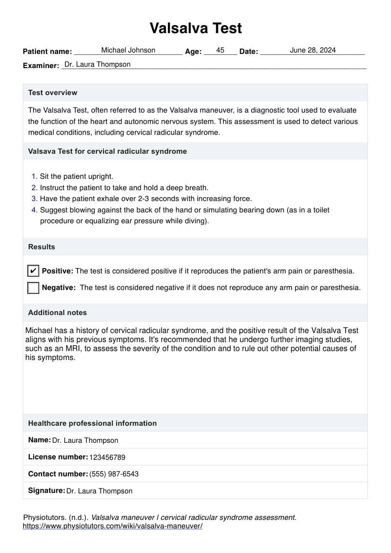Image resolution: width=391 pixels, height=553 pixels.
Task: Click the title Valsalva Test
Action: click(196, 28)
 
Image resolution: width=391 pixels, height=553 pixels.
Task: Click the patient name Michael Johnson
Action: click(128, 50)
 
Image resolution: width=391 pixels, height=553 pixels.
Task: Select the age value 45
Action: click(220, 50)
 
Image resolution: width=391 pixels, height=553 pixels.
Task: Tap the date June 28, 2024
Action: click(313, 50)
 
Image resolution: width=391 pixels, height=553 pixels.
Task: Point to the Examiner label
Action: click(41, 66)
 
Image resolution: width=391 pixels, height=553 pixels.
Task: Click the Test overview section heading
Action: click(52, 93)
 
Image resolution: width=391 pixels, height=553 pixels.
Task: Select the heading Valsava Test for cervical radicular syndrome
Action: click(107, 151)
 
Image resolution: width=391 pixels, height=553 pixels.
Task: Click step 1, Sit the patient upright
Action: click(76, 176)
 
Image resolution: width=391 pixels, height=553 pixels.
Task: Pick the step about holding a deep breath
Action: click(124, 188)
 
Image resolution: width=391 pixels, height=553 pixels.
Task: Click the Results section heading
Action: click(42, 247)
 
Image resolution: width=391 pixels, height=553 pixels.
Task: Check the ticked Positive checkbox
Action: click(33, 271)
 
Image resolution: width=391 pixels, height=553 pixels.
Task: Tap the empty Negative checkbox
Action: click(33, 288)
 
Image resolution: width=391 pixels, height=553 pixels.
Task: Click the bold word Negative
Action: click(59, 288)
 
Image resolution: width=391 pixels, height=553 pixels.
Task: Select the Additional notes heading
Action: click(57, 313)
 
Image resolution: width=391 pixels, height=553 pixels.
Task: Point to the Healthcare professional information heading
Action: click(92, 423)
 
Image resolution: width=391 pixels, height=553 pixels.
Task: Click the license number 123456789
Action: click(107, 457)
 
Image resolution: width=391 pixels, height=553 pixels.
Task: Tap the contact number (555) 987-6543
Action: click(114, 474)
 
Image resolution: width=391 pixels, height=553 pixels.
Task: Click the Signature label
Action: click(46, 491)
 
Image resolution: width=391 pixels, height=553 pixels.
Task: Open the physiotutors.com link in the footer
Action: click(113, 526)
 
